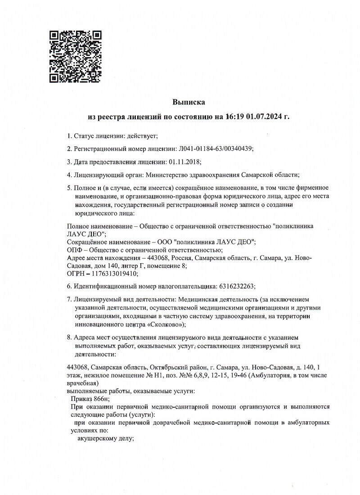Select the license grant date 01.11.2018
(x=184, y=162)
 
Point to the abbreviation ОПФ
(x=75, y=250)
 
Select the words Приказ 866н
(x=90, y=398)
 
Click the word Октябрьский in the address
(x=165, y=367)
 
